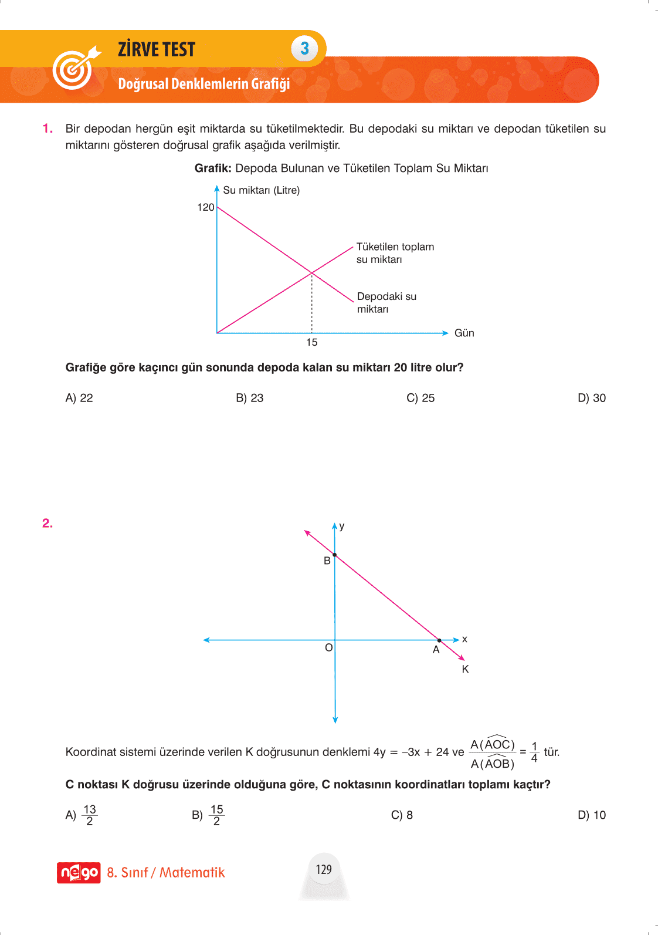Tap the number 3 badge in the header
[304, 49]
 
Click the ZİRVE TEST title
[157, 49]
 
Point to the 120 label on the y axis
[205, 207]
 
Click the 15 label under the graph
[312, 342]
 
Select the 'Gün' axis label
[464, 333]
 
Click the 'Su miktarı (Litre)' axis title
[261, 190]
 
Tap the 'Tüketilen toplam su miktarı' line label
[395, 253]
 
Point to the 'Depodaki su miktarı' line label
[386, 302]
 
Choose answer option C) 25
[420, 398]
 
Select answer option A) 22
[79, 398]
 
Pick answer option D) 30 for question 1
[591, 398]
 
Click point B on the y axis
[335, 555]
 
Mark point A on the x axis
[439, 640]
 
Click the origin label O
[328, 647]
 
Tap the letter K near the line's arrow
[465, 669]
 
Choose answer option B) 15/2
[208, 815]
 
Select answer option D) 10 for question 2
[591, 815]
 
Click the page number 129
[324, 869]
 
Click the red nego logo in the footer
[79, 873]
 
